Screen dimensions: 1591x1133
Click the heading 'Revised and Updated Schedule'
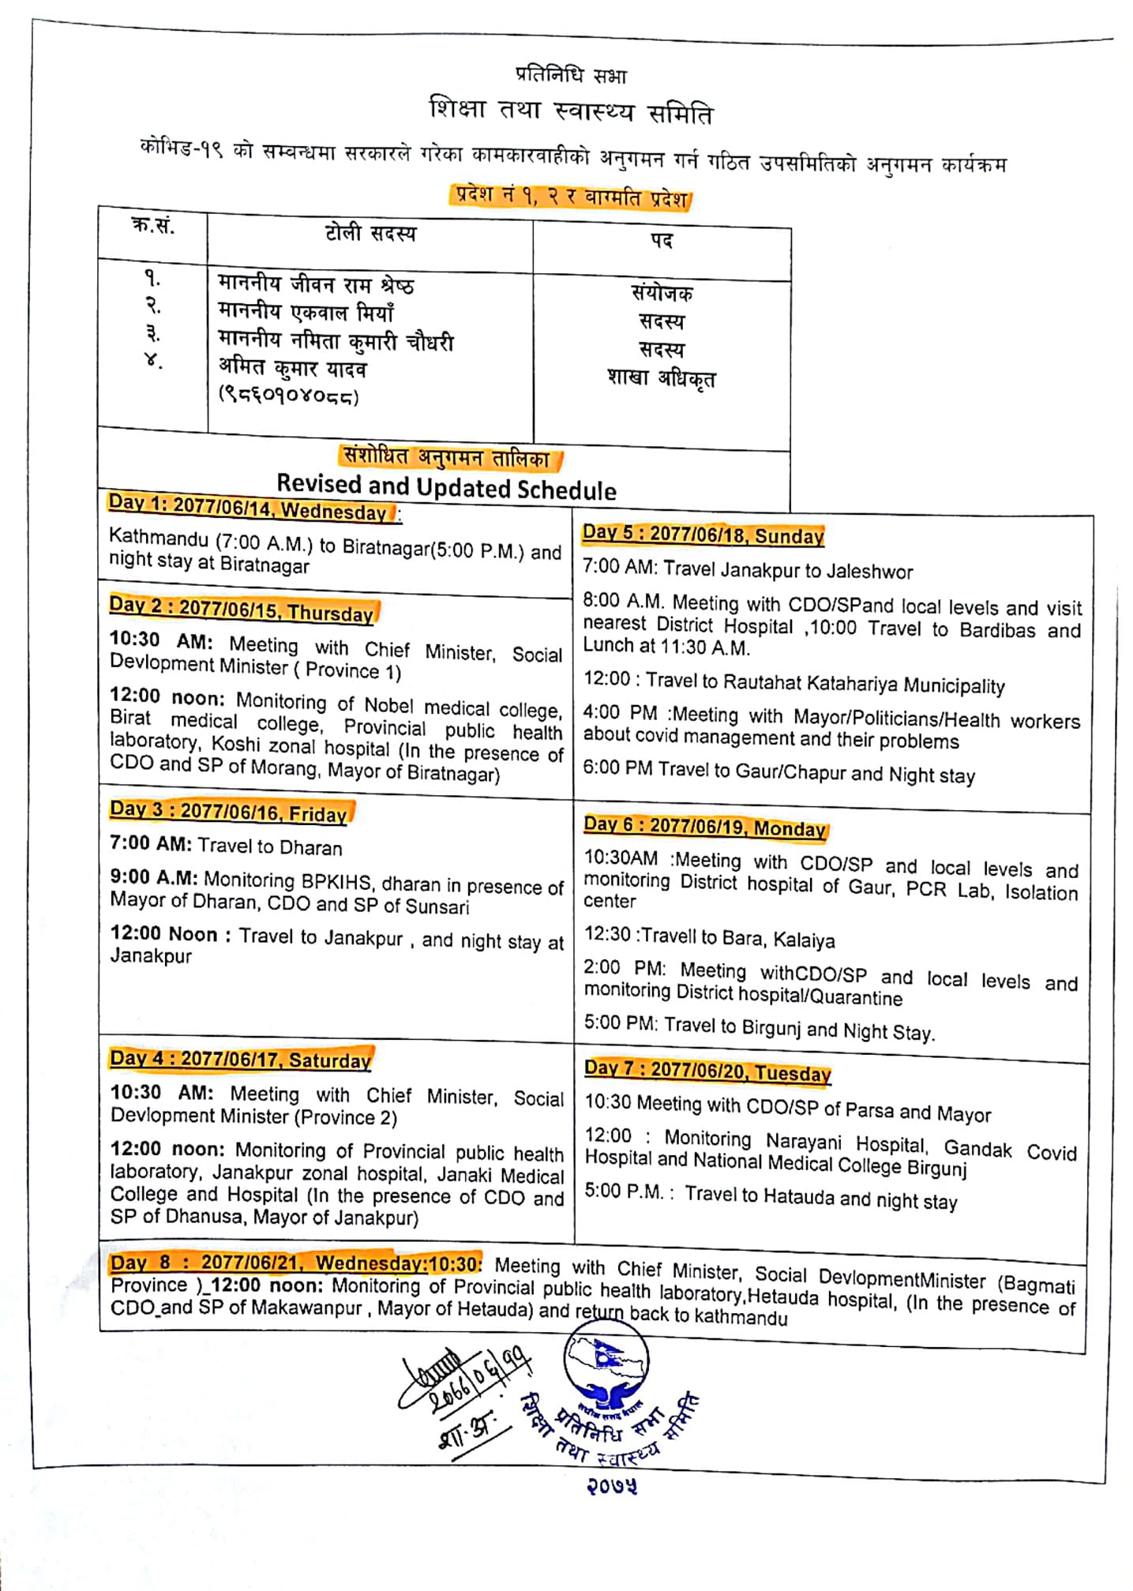[x=446, y=486]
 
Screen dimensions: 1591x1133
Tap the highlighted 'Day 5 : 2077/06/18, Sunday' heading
[x=703, y=535]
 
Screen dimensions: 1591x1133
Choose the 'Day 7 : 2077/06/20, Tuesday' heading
[x=707, y=1071]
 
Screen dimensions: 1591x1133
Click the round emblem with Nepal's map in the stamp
[x=606, y=1364]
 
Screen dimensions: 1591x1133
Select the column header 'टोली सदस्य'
[x=370, y=233]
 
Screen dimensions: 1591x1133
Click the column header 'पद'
[x=662, y=240]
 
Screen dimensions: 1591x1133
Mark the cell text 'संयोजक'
[x=662, y=293]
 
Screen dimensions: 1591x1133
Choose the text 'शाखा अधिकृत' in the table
[x=662, y=377]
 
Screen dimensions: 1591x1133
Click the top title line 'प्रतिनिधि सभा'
[x=571, y=75]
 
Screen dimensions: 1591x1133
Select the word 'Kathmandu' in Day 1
[x=159, y=538]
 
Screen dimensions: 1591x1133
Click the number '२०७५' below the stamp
[x=611, y=1486]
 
